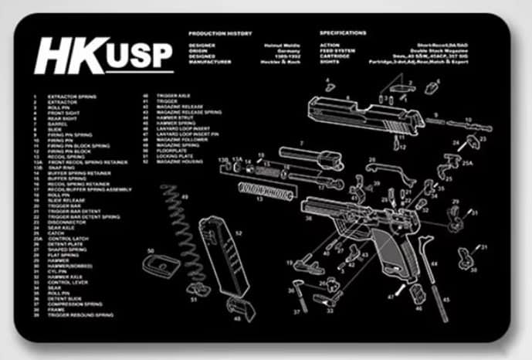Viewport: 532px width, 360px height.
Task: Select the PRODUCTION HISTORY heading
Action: point(221,33)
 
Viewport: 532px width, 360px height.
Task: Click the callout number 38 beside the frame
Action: point(308,219)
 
